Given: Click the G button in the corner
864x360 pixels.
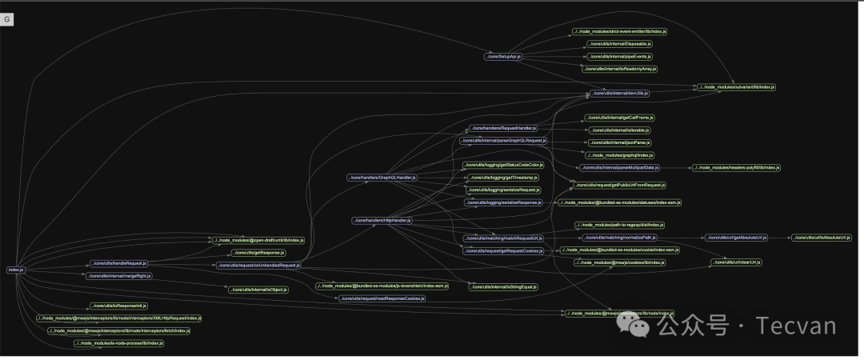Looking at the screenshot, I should click(8, 19).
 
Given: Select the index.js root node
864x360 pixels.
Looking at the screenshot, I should click(16, 270).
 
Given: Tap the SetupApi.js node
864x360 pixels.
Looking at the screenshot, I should click(503, 57).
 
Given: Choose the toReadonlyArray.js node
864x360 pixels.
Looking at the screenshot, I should click(619, 69).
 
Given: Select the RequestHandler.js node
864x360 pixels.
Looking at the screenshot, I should click(502, 128).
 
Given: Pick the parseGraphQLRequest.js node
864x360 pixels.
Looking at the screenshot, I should click(503, 140).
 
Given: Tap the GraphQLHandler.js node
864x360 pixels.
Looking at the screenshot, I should click(382, 177).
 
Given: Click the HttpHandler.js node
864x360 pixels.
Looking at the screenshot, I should click(382, 220).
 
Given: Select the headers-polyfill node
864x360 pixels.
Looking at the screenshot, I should click(736, 168).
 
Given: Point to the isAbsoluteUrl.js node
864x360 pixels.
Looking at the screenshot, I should click(823, 238).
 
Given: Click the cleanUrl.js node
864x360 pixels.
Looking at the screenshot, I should click(736, 262).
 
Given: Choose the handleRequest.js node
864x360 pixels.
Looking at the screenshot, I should click(118, 263).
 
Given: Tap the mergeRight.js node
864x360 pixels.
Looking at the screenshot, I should click(118, 275).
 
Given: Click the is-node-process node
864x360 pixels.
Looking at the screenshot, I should click(118, 343).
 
